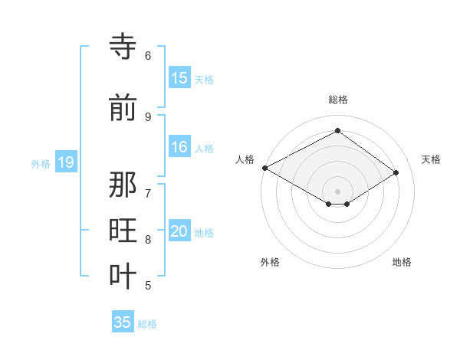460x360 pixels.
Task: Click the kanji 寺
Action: pyautogui.click(x=123, y=47)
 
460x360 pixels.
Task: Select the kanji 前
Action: pyautogui.click(x=123, y=108)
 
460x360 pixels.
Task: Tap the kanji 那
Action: pyautogui.click(x=123, y=185)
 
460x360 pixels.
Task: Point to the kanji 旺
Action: pyautogui.click(x=123, y=231)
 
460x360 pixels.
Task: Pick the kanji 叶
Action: pyautogui.click(x=123, y=276)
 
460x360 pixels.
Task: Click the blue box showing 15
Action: pyautogui.click(x=179, y=78)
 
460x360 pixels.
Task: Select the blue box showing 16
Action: pyautogui.click(x=179, y=148)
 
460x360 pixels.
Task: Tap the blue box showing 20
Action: pyautogui.click(x=179, y=232)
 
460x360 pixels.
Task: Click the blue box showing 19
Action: pyautogui.click(x=65, y=162)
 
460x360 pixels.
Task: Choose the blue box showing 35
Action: pyautogui.click(x=123, y=322)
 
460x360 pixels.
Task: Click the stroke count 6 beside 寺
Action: pyautogui.click(x=148, y=55)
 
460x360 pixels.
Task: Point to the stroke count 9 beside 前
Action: pyautogui.click(x=148, y=116)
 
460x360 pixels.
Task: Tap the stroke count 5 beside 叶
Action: pyautogui.click(x=148, y=285)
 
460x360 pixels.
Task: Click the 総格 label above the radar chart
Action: pyautogui.click(x=337, y=100)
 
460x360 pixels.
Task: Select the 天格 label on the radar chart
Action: pyautogui.click(x=431, y=159)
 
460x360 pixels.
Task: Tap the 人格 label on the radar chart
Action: pyautogui.click(x=245, y=159)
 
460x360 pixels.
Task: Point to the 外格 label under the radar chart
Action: pyautogui.click(x=270, y=262)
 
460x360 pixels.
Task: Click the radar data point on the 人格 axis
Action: pyautogui.click(x=264, y=168)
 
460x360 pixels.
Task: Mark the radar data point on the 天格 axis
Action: pyautogui.click(x=396, y=172)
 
